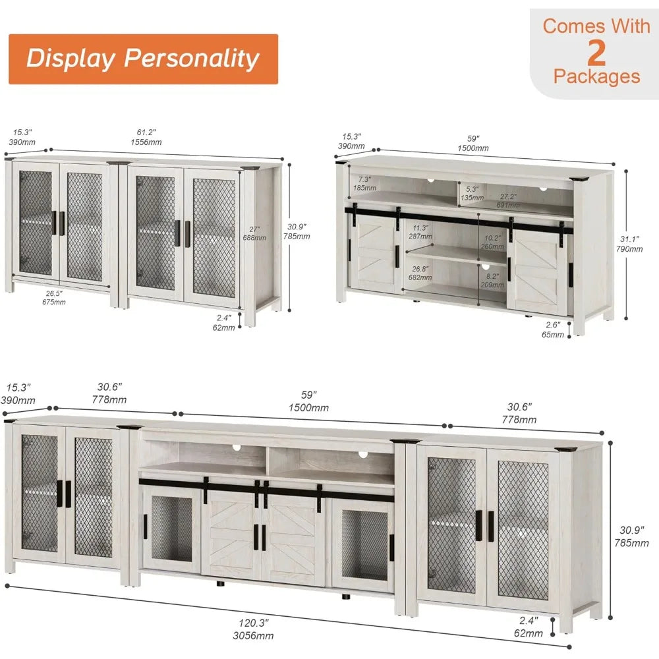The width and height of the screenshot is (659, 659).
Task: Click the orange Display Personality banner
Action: click(x=142, y=59)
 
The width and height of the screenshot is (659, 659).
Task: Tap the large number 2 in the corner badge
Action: click(x=596, y=51)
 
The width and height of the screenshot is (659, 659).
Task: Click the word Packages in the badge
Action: click(x=596, y=76)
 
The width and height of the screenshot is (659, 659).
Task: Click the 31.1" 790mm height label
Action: click(x=633, y=244)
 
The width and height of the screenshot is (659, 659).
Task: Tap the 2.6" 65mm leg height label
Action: click(x=553, y=329)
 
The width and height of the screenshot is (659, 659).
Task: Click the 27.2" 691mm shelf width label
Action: click(x=507, y=201)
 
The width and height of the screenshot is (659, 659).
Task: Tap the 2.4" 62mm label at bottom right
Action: click(x=529, y=627)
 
